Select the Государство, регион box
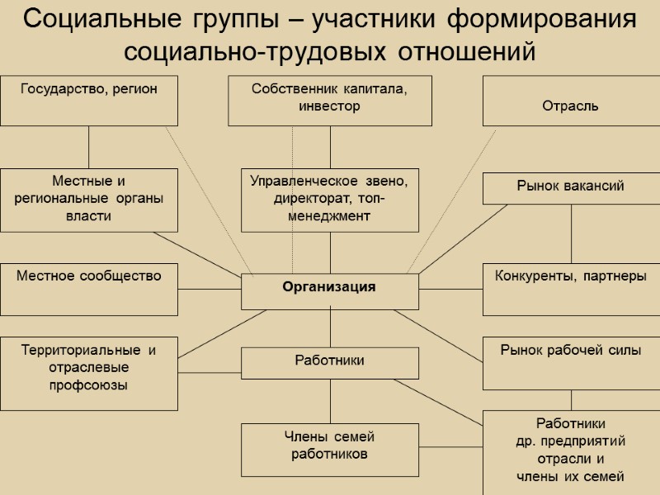pos(88,100)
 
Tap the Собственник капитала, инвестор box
pos(329,100)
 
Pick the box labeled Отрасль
pos(570,101)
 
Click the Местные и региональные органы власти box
pos(88,200)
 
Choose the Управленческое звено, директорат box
pos(329,200)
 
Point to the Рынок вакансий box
pos(570,187)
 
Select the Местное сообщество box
pos(88,290)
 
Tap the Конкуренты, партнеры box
pos(570,290)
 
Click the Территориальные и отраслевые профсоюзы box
pos(88,373)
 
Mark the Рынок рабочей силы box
pos(570,363)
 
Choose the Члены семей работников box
pos(329,450)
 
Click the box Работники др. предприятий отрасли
pos(570,450)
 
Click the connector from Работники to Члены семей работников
pos(330,401)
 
